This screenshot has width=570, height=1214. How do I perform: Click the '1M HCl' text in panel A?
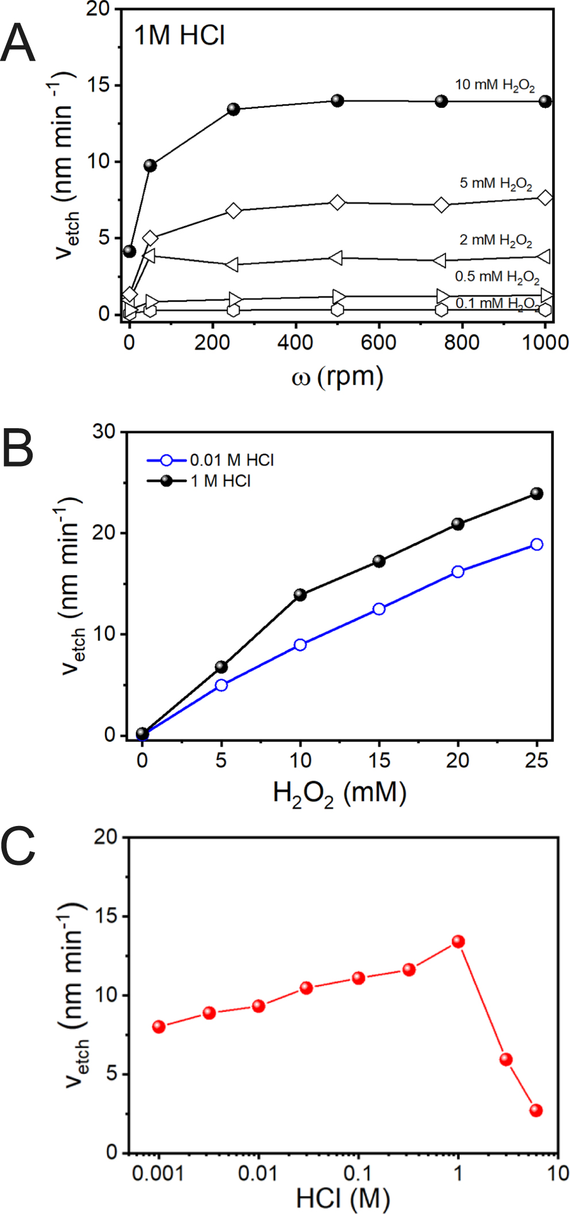[179, 36]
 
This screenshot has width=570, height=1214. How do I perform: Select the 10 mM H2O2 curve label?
[495, 86]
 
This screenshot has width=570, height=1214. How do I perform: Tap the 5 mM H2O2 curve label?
[495, 184]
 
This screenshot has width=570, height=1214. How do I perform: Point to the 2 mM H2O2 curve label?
[495, 240]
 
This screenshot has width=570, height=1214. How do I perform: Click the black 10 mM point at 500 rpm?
[338, 101]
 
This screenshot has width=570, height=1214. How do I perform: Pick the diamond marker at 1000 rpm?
[545, 198]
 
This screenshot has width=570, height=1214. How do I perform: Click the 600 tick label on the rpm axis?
[378, 343]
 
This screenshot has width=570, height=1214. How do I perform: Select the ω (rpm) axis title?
[338, 377]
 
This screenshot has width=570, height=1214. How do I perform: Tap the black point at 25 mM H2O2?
[537, 494]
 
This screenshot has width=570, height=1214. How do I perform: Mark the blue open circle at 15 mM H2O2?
[379, 609]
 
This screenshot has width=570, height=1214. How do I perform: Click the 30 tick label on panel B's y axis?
[104, 432]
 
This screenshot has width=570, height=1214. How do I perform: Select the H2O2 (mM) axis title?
[339, 794]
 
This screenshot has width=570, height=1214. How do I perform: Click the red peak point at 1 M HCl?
[458, 941]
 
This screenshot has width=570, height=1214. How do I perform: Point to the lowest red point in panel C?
[536, 1110]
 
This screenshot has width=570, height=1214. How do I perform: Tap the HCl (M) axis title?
[343, 1199]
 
